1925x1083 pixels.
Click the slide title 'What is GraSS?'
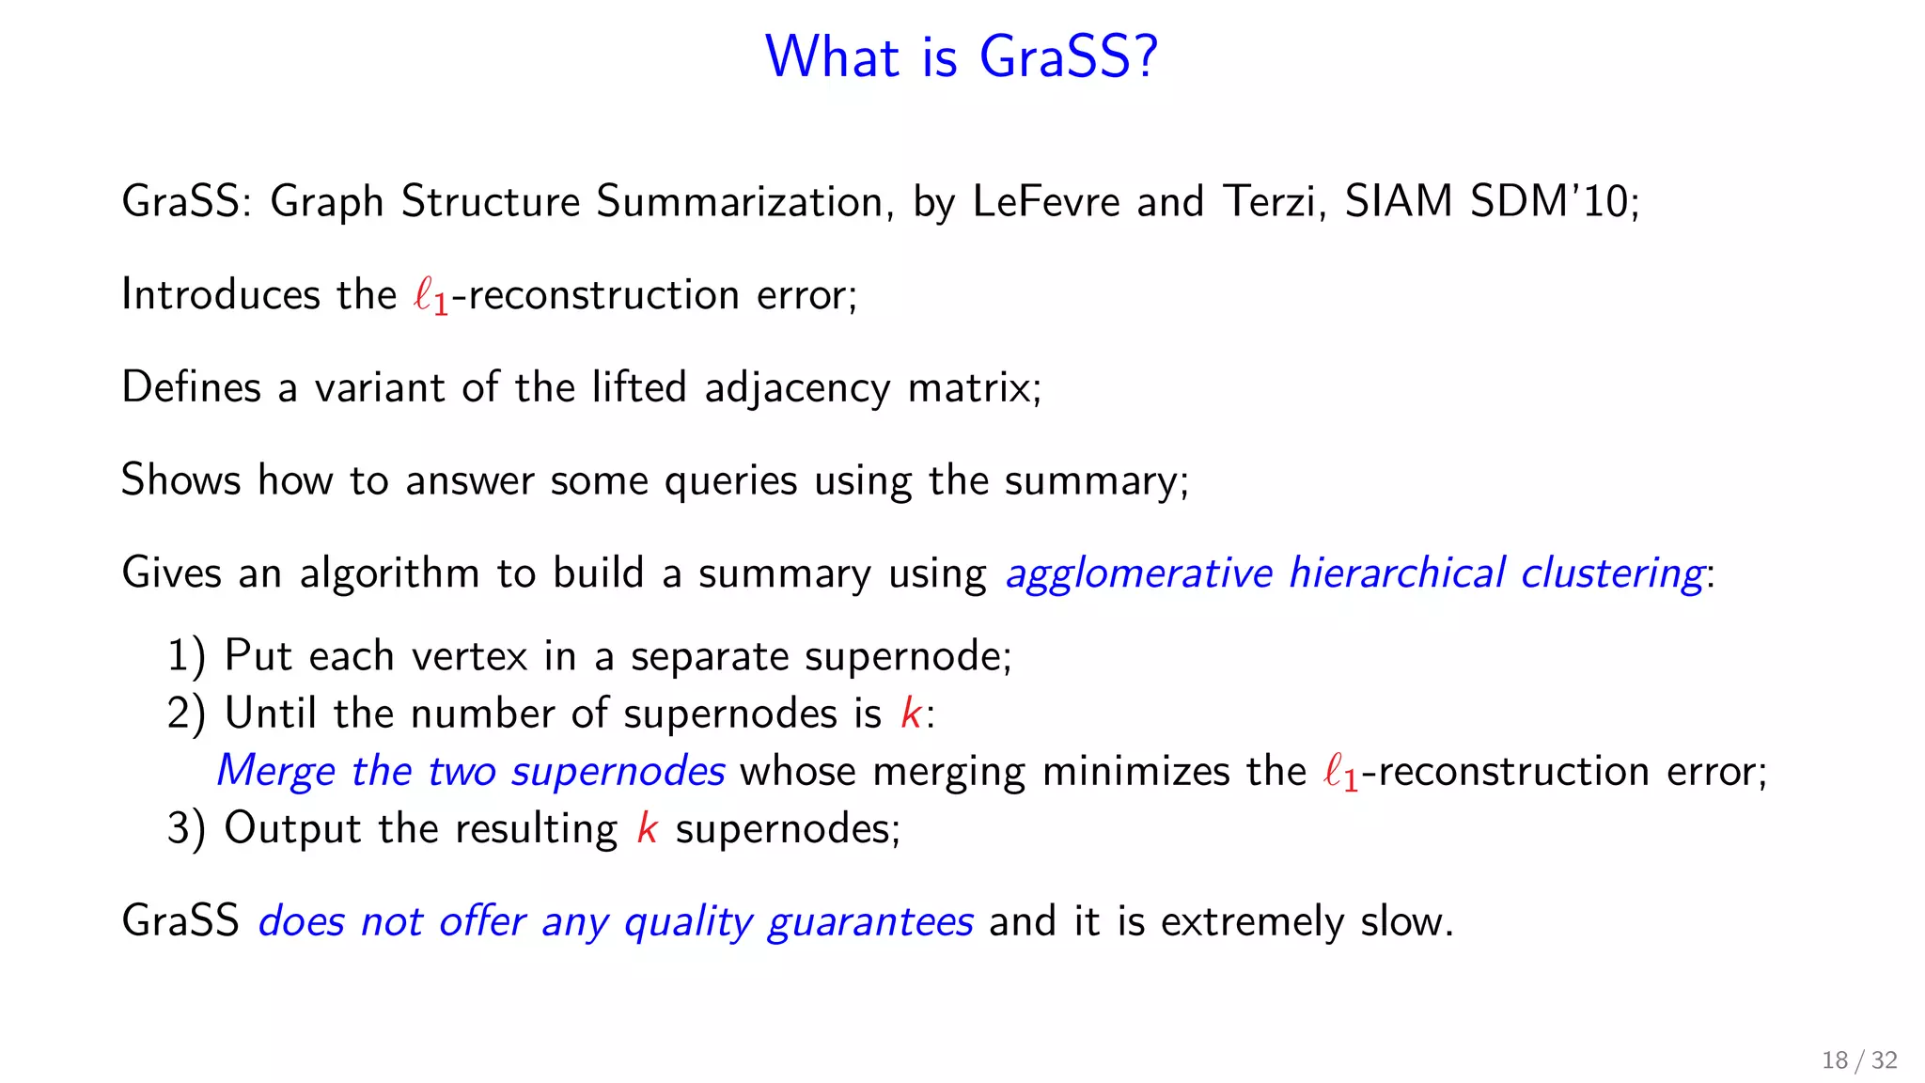(x=962, y=56)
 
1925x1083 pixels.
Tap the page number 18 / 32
(x=1858, y=1060)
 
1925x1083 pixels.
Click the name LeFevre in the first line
(x=1045, y=201)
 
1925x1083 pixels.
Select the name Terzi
(x=1274, y=201)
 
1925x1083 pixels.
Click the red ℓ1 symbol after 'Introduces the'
(x=430, y=297)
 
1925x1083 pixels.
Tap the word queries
(x=730, y=481)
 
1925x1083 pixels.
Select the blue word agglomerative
(x=1138, y=573)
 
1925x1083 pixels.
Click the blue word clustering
(x=1611, y=573)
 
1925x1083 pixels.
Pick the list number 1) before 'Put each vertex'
(x=186, y=656)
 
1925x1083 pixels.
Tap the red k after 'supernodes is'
(x=910, y=714)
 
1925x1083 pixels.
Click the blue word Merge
(x=274, y=772)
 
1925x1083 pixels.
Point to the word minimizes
(x=1135, y=772)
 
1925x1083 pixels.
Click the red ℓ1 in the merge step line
(x=1339, y=774)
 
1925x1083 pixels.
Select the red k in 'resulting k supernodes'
(x=647, y=829)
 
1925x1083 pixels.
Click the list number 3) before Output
(x=186, y=829)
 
